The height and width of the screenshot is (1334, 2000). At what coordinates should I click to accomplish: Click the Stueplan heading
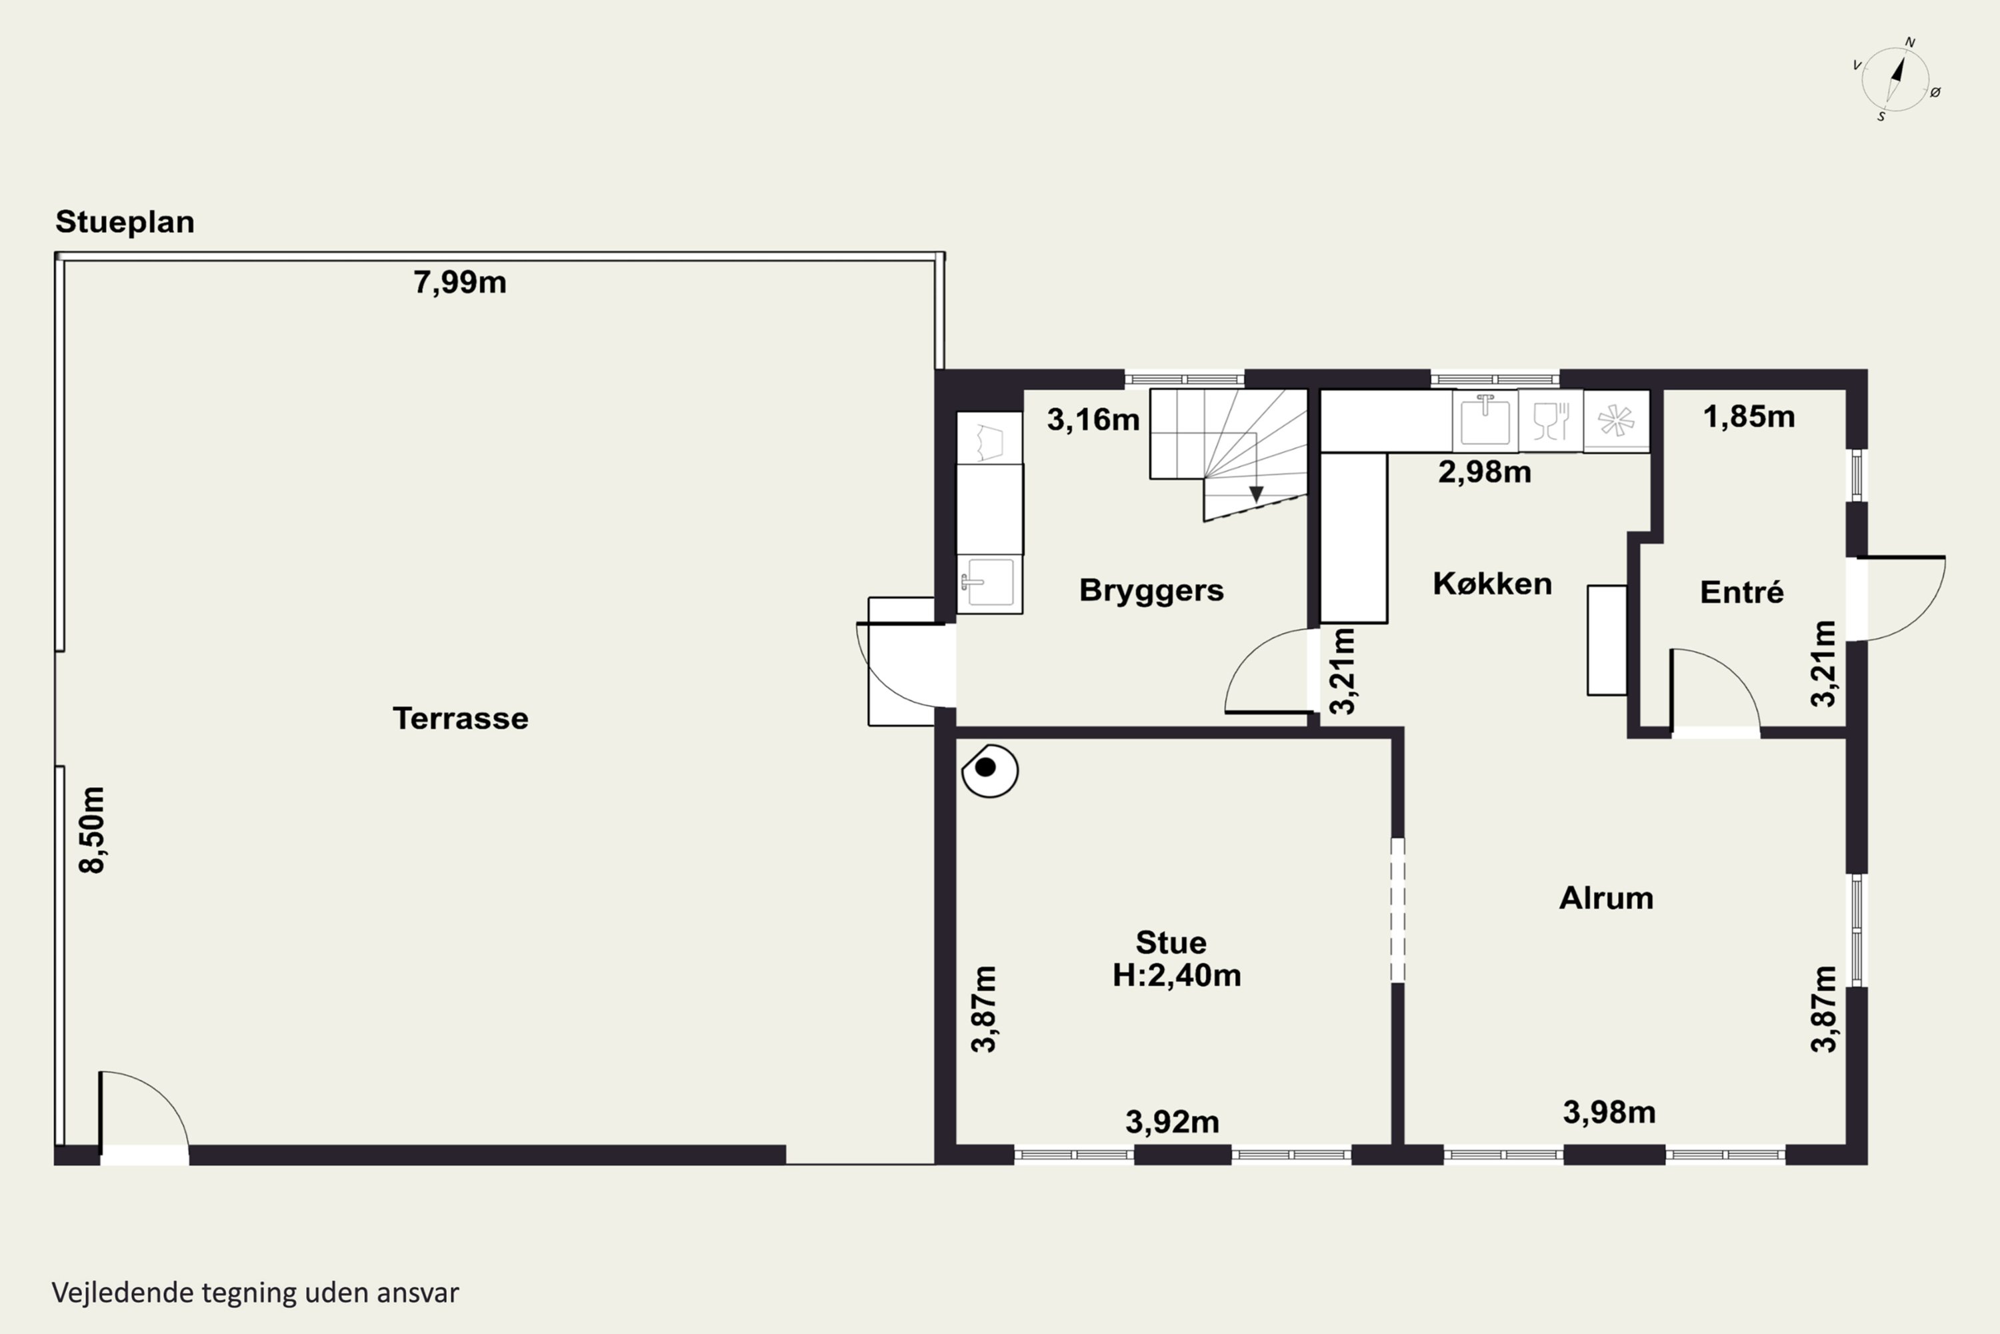pos(125,222)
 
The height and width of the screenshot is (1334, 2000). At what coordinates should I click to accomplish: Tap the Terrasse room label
pos(460,719)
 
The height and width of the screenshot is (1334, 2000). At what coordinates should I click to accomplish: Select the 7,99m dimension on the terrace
pos(460,282)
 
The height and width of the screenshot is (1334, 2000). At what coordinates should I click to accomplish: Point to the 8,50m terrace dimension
pos(92,830)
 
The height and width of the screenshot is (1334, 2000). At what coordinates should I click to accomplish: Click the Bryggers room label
pos(1151,590)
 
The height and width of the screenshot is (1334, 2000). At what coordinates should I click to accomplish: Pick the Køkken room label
pos(1493,584)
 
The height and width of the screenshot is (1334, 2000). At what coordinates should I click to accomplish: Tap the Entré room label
pos(1741,592)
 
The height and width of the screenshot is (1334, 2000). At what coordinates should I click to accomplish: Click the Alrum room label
pos(1606,898)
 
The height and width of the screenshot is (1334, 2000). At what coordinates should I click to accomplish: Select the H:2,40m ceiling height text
pos(1177,975)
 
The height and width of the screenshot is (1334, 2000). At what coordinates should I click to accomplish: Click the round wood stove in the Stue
pos(990,770)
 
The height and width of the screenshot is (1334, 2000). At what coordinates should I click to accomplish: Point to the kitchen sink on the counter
pos(1485,420)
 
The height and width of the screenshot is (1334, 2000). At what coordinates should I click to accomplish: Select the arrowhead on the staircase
pos(1256,494)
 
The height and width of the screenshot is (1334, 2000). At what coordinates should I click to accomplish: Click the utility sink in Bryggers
pos(989,583)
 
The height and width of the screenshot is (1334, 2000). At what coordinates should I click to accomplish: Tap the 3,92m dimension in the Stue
pos(1173,1122)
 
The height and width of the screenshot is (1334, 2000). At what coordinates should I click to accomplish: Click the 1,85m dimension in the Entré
pos(1749,417)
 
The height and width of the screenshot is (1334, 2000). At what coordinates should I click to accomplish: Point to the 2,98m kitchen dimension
pos(1485,472)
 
